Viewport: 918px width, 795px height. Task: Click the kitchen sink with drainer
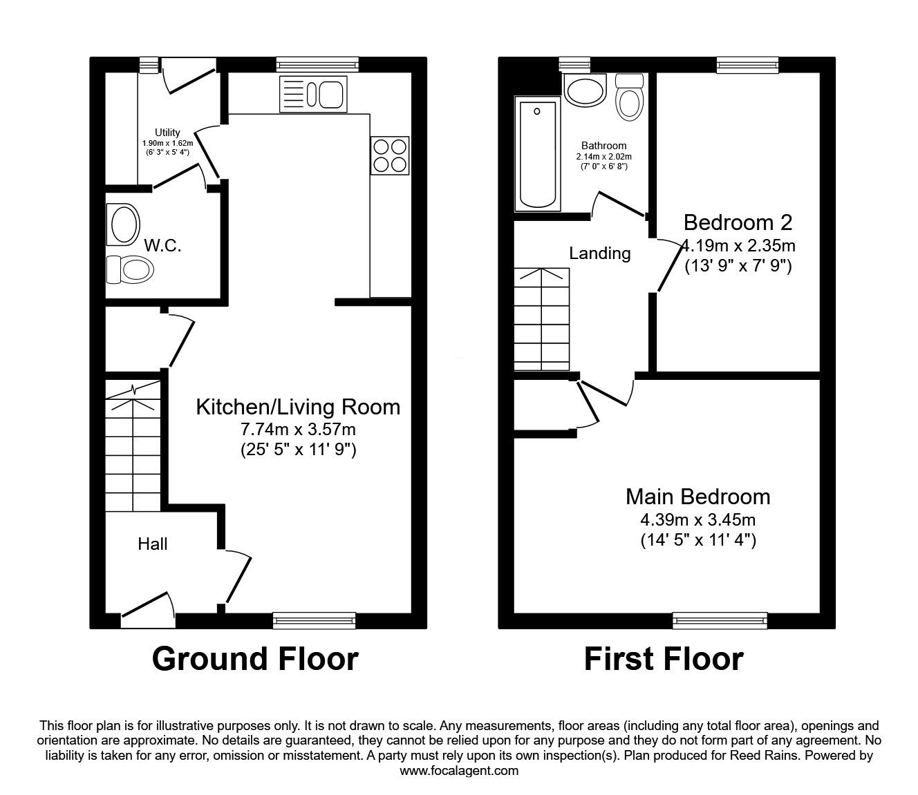click(311, 94)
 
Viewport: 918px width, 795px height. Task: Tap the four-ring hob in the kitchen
click(390, 155)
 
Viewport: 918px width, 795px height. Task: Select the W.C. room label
click(163, 245)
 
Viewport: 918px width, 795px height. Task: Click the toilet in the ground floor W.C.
click(129, 269)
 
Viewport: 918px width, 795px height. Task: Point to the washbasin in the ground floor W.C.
click(123, 224)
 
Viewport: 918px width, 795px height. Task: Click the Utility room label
click(167, 133)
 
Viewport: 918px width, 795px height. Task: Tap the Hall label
click(153, 544)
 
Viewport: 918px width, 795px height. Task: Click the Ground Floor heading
click(255, 659)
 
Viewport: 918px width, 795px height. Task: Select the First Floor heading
click(664, 659)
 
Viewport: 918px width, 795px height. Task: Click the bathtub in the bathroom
click(537, 154)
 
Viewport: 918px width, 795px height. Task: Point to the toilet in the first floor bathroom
click(628, 97)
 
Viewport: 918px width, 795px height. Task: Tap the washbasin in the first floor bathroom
click(584, 90)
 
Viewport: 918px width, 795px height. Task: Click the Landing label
click(600, 253)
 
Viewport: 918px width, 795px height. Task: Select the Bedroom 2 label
click(738, 222)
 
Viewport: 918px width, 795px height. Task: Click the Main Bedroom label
click(697, 497)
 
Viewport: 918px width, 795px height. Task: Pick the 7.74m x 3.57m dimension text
click(298, 430)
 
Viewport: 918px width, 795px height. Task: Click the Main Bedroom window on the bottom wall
click(720, 620)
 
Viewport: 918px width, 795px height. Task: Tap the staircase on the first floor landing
click(542, 318)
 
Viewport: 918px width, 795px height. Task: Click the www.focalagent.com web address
click(459, 771)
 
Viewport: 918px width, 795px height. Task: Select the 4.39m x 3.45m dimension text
click(698, 519)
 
